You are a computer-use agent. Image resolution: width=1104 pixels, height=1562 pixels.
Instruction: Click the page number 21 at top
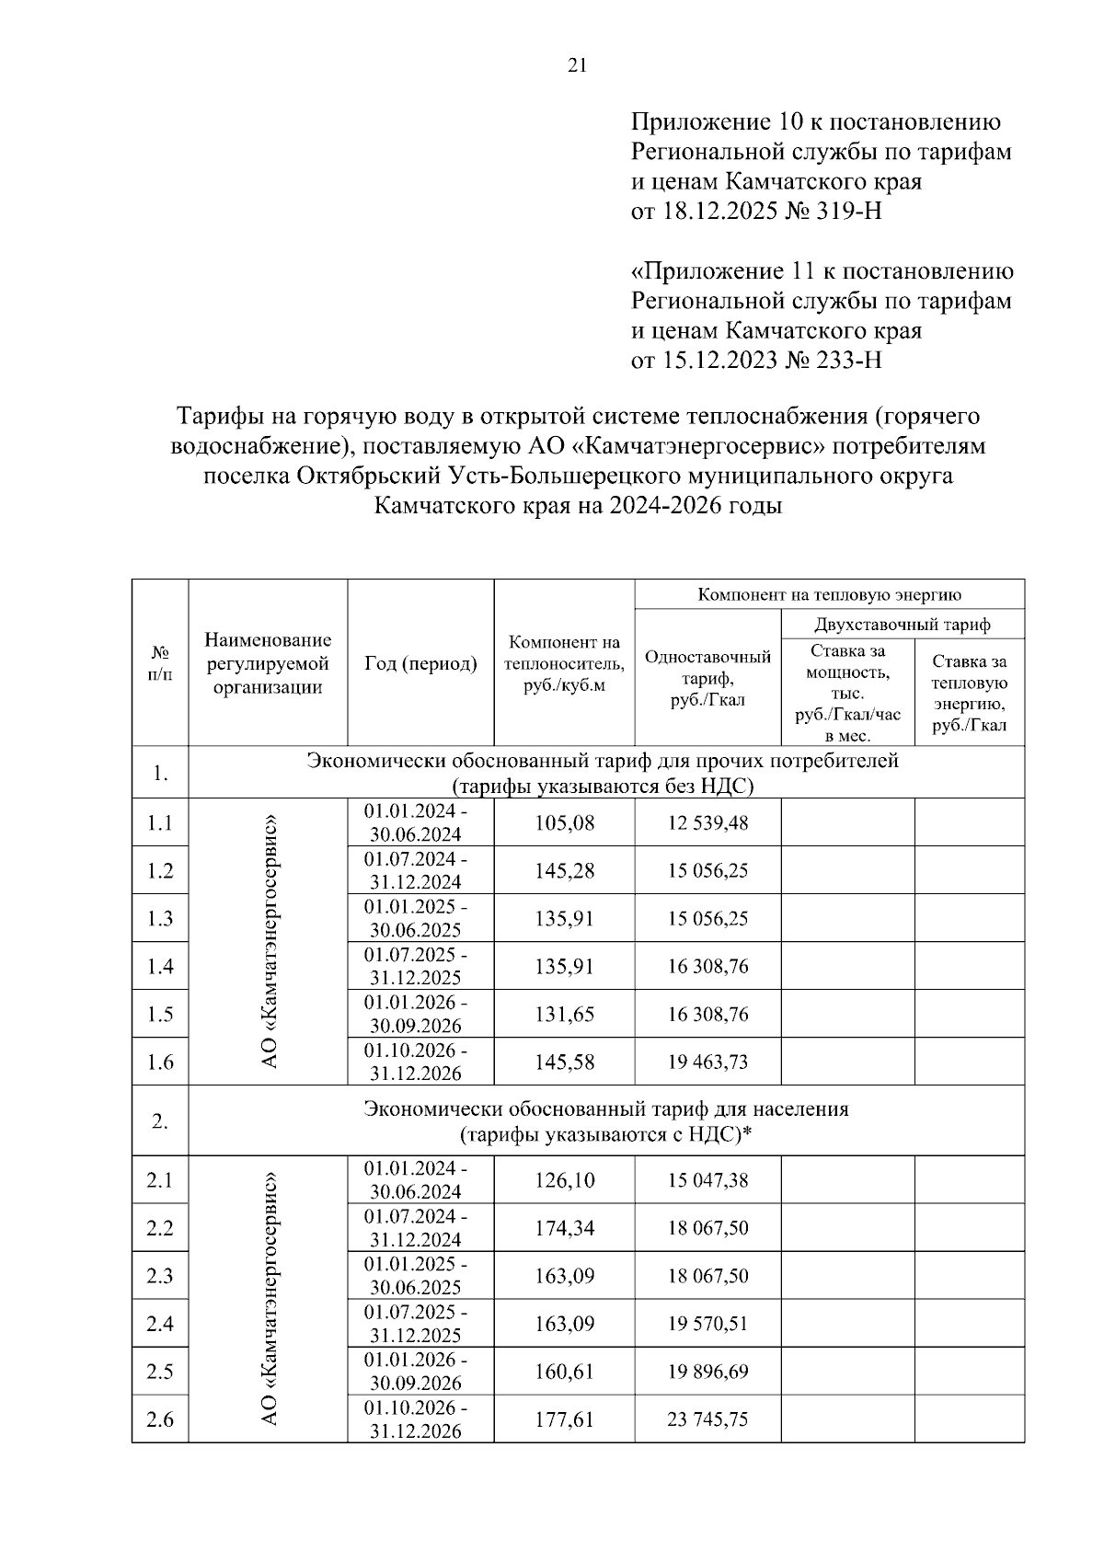coord(577,64)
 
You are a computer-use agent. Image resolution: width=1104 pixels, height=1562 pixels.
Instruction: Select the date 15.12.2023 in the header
coord(719,359)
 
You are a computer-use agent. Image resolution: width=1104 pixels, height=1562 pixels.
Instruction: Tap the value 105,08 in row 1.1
coord(564,822)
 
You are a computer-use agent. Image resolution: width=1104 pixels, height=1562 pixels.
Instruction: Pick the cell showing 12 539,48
coord(707,822)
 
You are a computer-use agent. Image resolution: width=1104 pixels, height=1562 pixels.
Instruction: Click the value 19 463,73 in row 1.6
coord(707,1062)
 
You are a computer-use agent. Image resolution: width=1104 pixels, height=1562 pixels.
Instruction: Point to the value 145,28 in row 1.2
coord(564,870)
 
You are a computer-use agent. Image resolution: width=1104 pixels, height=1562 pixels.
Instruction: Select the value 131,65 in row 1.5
coord(564,1014)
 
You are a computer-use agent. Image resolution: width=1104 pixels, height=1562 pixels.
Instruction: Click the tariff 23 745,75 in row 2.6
coord(707,1419)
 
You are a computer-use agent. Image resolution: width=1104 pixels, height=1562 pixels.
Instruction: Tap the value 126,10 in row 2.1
coord(564,1180)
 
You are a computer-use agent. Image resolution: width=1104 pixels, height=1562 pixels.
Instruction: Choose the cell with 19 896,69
coord(707,1372)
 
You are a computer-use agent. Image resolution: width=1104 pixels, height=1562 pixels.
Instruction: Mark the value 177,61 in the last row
coord(564,1419)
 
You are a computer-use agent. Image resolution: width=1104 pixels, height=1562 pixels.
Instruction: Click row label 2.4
coord(160,1324)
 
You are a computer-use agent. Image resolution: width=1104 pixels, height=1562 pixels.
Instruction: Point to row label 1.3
coord(160,918)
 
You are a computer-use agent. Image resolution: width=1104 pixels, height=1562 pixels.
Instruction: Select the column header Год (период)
coord(420,663)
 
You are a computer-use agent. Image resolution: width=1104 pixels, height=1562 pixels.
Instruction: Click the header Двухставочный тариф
coord(903,625)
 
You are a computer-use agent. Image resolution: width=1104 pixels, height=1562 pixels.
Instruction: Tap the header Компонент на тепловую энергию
coord(829,594)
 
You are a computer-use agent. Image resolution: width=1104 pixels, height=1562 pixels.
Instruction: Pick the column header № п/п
coord(160,663)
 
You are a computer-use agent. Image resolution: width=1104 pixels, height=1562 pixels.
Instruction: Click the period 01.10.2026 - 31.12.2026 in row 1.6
coord(416,1062)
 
